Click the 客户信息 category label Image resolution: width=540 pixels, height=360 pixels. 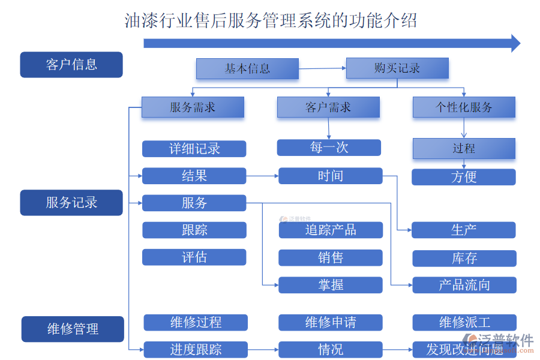click(x=71, y=65)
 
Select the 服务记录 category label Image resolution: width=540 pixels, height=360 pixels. click(x=71, y=203)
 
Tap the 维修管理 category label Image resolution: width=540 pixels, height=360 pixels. click(x=73, y=329)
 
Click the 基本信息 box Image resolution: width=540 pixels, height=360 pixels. click(x=247, y=68)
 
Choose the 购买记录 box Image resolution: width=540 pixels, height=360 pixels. click(x=397, y=68)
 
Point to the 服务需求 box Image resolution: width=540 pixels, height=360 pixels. click(x=193, y=107)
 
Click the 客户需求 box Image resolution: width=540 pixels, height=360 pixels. click(x=328, y=107)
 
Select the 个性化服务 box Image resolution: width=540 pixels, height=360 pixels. click(x=464, y=107)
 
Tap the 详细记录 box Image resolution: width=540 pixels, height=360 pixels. click(x=194, y=149)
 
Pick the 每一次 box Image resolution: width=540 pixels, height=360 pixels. click(x=329, y=148)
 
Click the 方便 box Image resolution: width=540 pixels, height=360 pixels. click(x=464, y=177)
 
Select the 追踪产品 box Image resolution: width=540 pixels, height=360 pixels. click(x=331, y=230)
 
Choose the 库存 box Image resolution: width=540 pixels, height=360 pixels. click(x=464, y=258)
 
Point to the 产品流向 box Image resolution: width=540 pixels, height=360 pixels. click(x=464, y=285)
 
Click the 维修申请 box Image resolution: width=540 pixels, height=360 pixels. click(x=331, y=322)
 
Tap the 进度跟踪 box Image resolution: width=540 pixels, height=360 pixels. click(x=196, y=349)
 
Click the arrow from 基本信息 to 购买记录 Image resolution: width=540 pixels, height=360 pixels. click(x=322, y=68)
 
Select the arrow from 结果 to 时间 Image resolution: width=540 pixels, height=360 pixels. click(x=262, y=176)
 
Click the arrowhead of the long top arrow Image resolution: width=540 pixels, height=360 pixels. click(x=515, y=43)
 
